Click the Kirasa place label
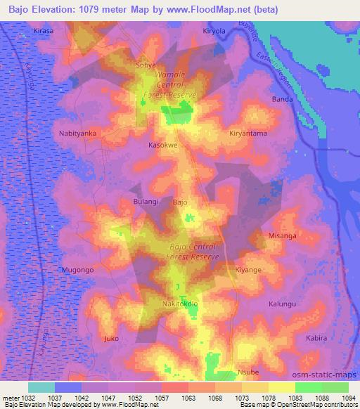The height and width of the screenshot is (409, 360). [44, 32]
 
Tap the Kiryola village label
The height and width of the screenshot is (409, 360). [214, 32]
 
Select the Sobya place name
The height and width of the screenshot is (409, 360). [146, 65]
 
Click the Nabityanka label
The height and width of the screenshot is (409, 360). [77, 132]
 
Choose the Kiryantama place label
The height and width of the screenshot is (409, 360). [248, 133]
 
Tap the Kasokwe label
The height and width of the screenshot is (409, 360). [162, 145]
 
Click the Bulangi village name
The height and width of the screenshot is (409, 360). [146, 202]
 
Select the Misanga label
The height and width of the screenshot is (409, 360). [283, 236]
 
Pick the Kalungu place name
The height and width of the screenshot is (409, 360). [283, 304]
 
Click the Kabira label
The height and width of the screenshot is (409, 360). [317, 338]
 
